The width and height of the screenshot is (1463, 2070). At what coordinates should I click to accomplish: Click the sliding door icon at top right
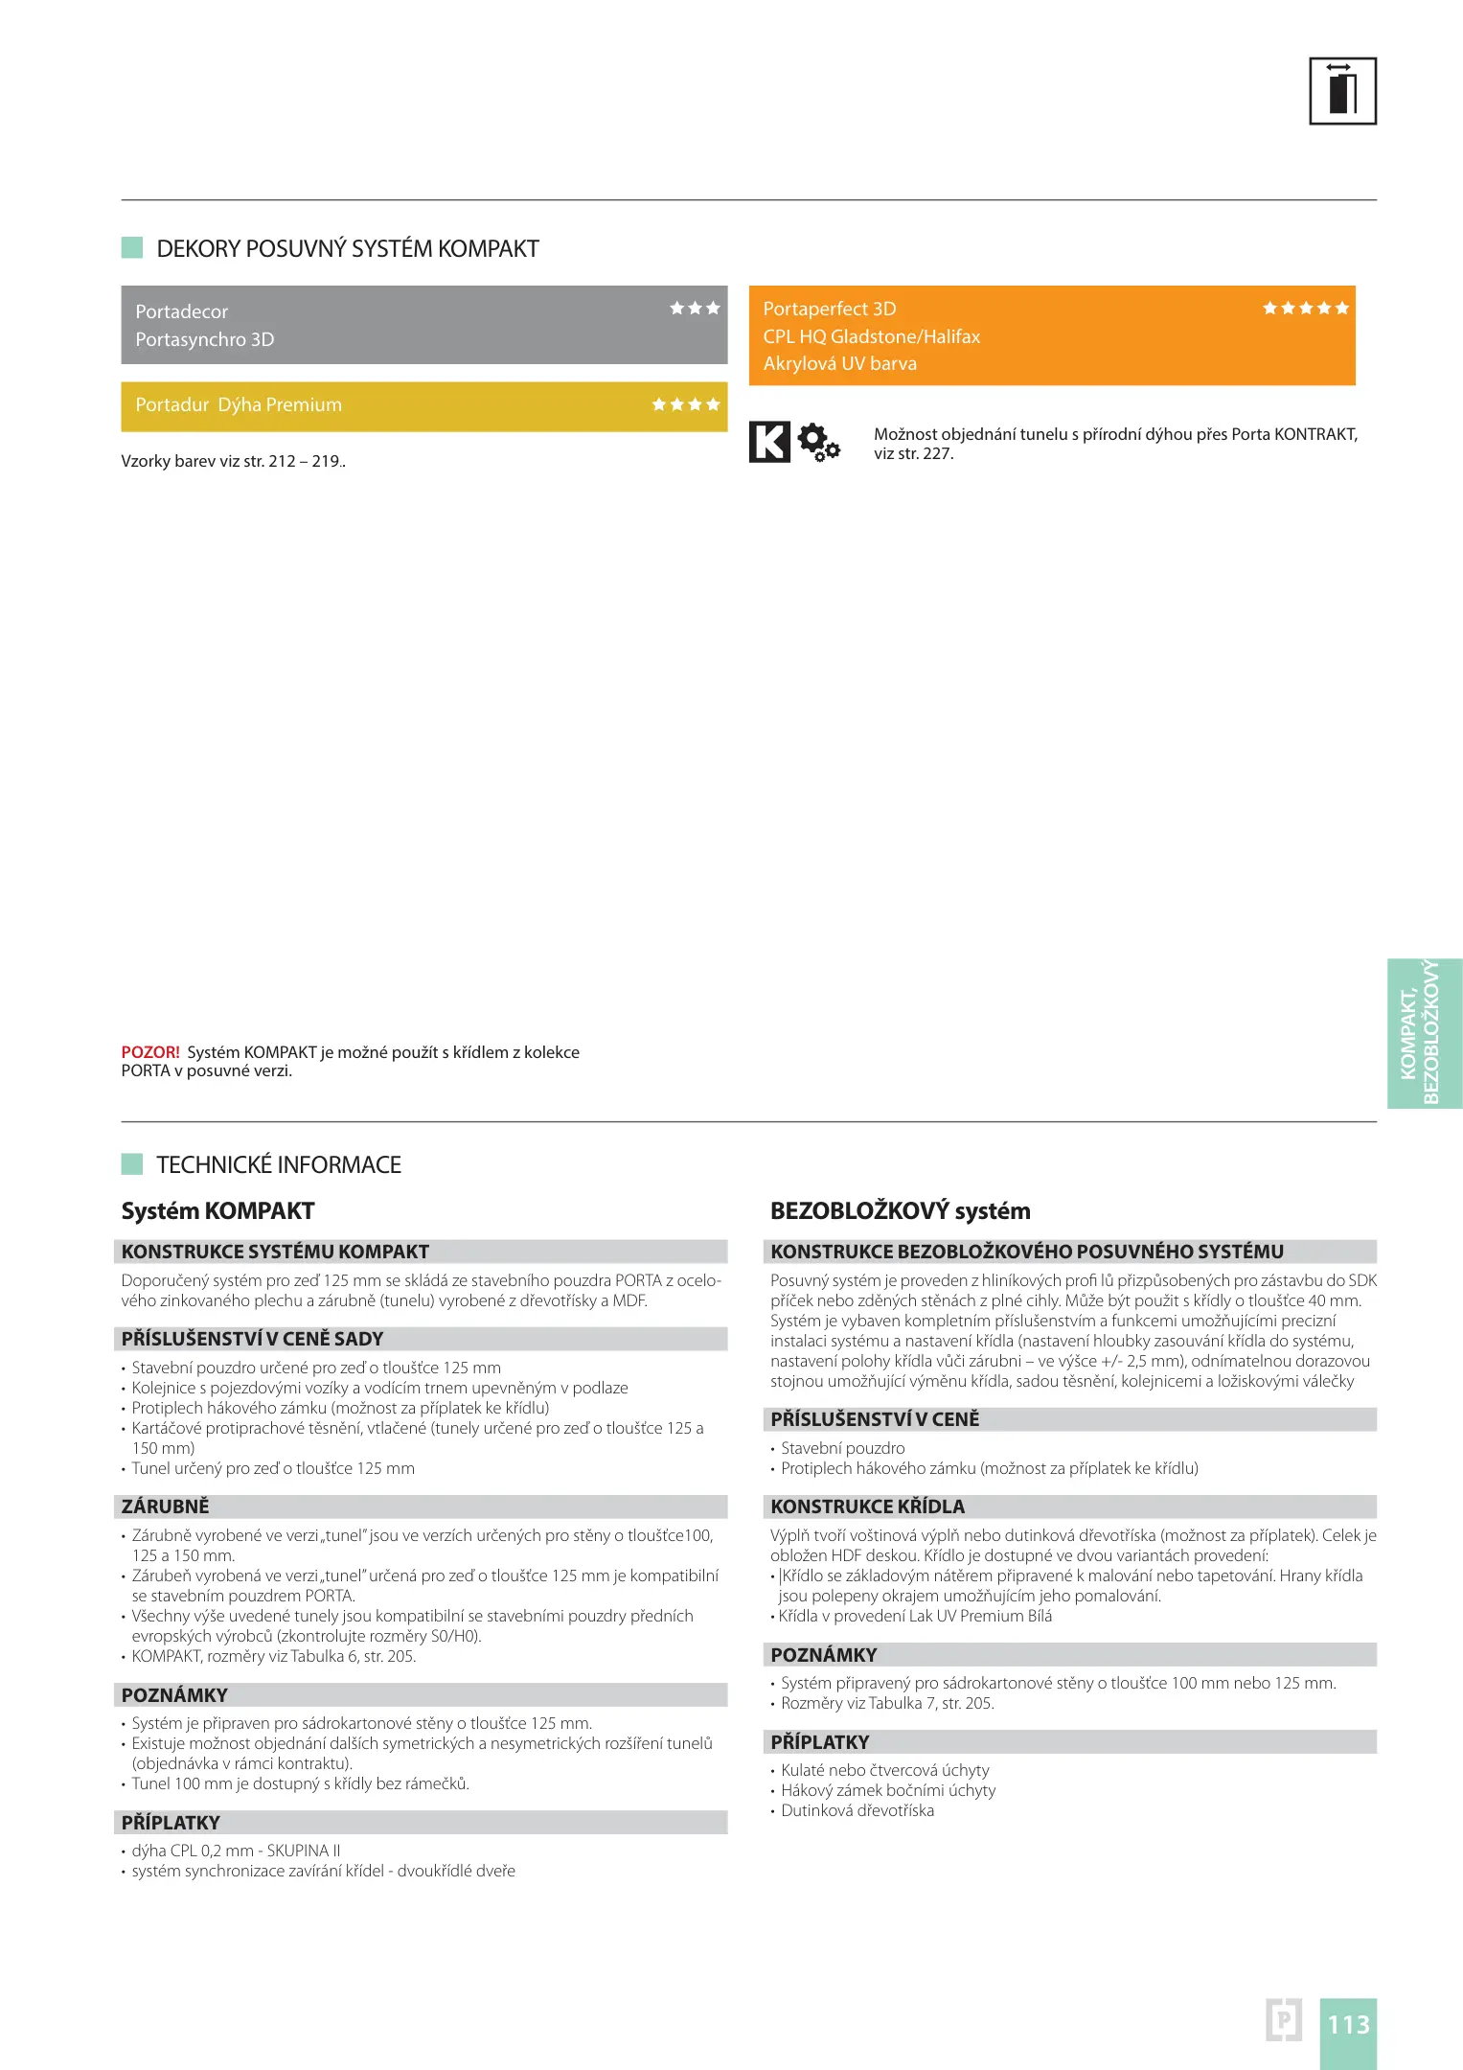pos(1342,91)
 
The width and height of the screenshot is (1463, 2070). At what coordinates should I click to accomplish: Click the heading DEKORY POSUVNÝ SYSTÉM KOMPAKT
pos(347,249)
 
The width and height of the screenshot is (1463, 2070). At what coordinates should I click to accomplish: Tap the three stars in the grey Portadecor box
pos(695,309)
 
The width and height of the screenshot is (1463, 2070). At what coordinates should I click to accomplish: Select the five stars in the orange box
pos(1305,309)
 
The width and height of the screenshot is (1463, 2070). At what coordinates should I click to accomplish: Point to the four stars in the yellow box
pos(685,405)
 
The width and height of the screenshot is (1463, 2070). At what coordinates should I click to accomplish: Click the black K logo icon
pos(769,442)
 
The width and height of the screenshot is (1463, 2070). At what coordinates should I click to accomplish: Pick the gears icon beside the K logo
pos(818,443)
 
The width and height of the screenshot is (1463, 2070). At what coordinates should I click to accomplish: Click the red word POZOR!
pos(149,1052)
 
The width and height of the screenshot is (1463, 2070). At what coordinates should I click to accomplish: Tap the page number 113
pos(1348,2025)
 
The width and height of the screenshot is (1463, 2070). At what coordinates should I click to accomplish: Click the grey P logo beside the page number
pos(1283,2020)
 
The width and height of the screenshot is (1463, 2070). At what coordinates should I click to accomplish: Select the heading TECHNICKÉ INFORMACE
pos(278,1165)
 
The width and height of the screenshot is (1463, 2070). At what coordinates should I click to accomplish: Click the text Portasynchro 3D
pos(204,340)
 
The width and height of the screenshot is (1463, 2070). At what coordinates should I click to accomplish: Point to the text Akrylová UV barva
pos(839,364)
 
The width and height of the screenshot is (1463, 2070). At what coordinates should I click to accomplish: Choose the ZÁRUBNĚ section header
pos(165,1506)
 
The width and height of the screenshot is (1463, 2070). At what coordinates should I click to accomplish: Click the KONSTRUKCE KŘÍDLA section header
pos(867,1506)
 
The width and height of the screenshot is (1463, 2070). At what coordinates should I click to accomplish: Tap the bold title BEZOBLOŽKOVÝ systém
pos(900,1211)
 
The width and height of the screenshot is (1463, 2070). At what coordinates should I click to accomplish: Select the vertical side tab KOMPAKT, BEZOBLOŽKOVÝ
pos(1424,1033)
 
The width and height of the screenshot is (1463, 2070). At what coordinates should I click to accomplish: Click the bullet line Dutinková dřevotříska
pos(857,1811)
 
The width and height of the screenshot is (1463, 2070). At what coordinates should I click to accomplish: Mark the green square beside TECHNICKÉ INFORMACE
pos(132,1164)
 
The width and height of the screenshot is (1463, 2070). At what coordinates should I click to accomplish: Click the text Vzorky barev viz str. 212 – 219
pos(233,462)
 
